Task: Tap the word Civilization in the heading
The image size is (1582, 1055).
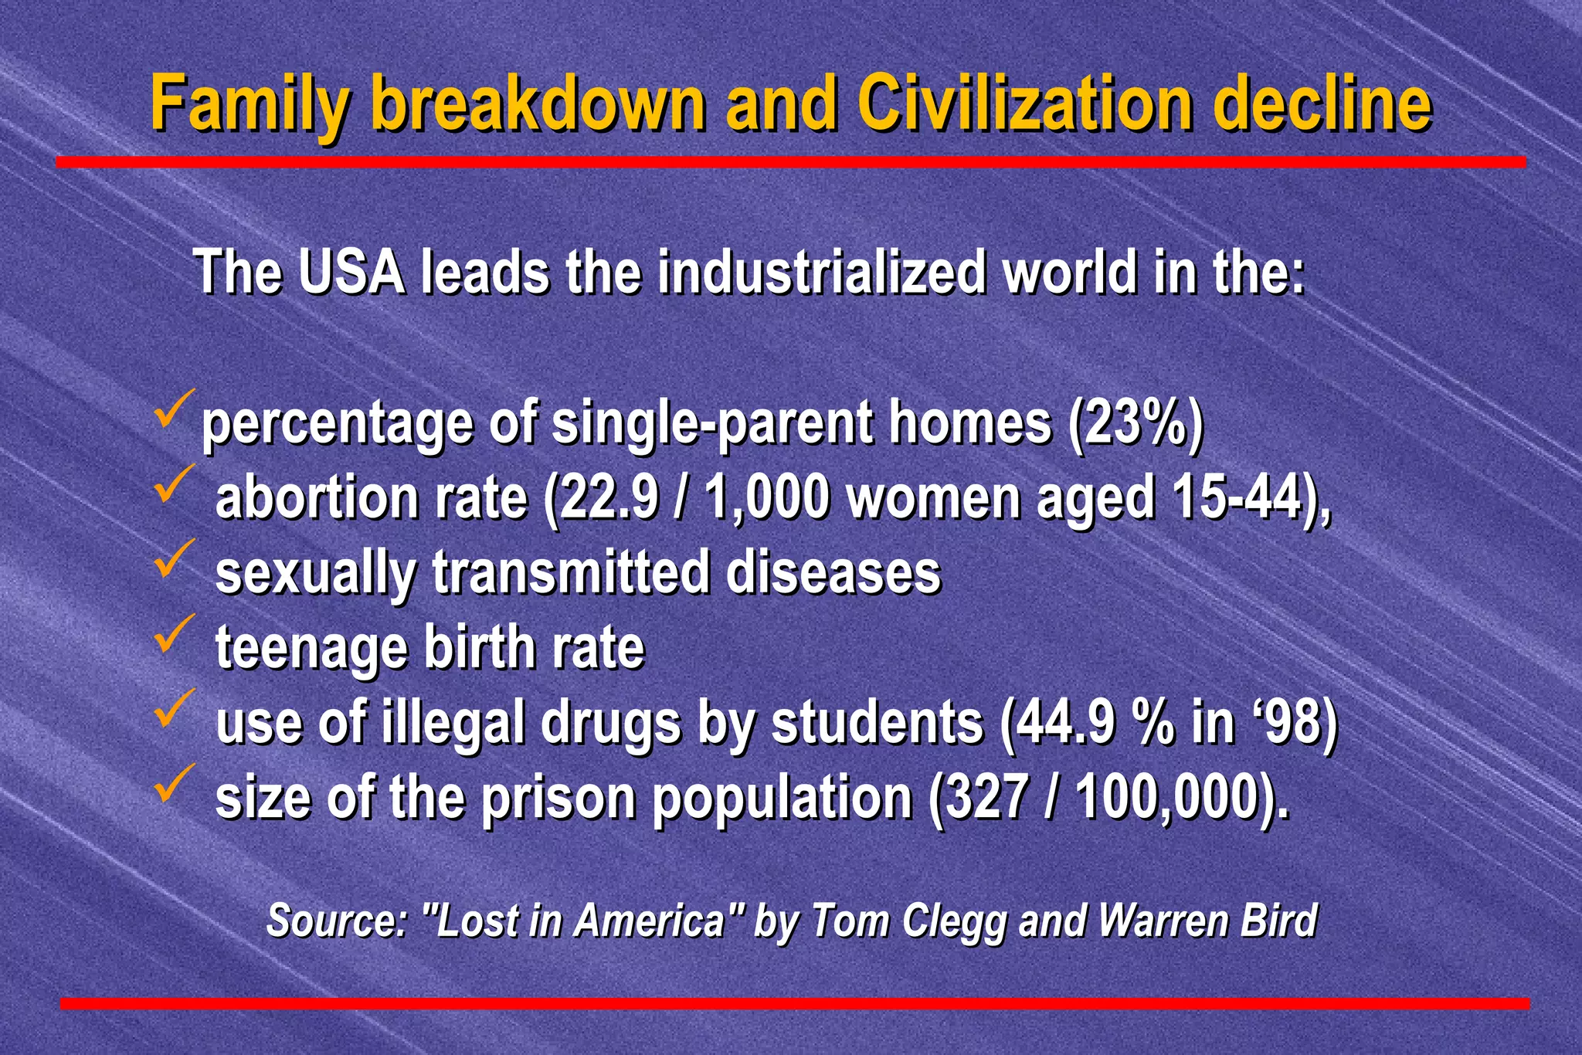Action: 1024,104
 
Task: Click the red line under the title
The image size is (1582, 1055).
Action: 791,162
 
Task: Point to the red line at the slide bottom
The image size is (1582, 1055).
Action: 794,1003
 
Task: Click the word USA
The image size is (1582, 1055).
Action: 352,272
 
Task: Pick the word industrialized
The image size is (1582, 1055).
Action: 822,272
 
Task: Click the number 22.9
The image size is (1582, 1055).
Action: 607,498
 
